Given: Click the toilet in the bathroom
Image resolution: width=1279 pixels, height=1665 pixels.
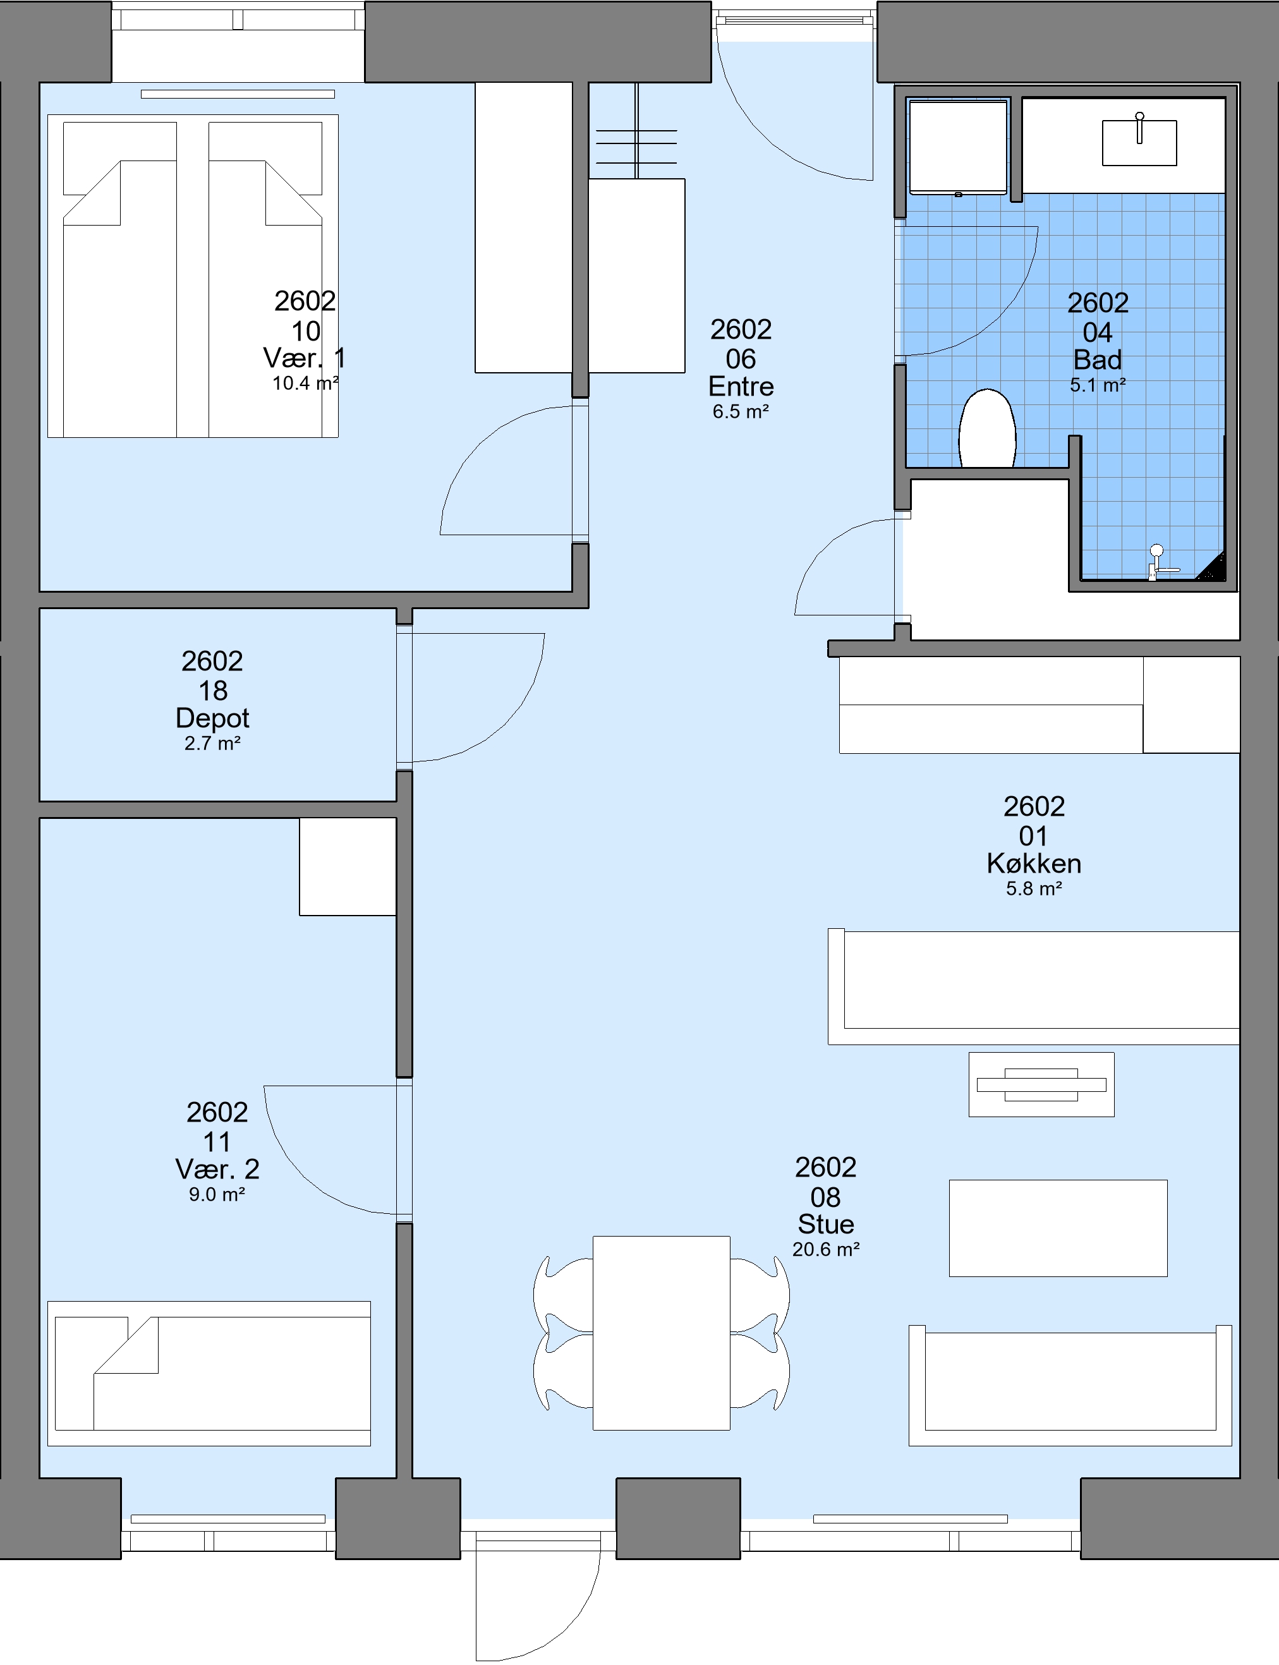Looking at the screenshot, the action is pyautogui.click(x=988, y=428).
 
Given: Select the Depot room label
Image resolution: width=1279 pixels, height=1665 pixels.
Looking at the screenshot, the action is pyautogui.click(x=212, y=718).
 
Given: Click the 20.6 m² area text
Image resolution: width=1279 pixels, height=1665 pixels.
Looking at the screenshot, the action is pyautogui.click(x=826, y=1249).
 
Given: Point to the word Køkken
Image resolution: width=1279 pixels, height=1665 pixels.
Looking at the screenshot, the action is pyautogui.click(x=1034, y=863).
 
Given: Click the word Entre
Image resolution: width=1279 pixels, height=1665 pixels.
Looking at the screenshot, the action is pyautogui.click(x=741, y=386).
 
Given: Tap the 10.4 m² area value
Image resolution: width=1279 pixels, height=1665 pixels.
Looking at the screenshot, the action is pyautogui.click(x=305, y=383).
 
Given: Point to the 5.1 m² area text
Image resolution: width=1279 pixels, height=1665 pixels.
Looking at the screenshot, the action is pyautogui.click(x=1098, y=385).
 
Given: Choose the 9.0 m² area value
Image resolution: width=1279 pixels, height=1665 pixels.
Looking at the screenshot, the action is pyautogui.click(x=217, y=1194).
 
